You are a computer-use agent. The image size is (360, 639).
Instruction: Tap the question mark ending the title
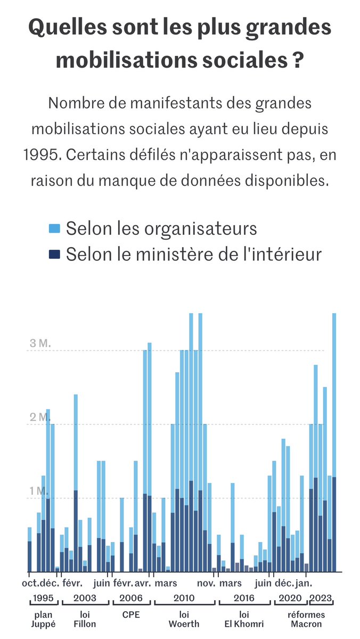(299, 59)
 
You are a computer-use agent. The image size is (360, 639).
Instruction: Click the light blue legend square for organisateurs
(54, 229)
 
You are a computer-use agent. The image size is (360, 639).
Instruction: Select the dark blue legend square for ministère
(54, 255)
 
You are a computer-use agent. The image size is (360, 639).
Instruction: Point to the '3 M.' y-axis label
(39, 343)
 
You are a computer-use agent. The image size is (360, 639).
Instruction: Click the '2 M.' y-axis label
(39, 417)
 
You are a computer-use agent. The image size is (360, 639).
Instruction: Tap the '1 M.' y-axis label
(39, 491)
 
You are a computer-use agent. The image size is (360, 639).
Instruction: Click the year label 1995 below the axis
(43, 597)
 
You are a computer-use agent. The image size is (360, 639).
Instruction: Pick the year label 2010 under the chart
(184, 597)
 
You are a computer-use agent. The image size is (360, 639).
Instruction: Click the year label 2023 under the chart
(322, 597)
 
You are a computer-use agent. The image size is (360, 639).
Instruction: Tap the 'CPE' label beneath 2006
(131, 615)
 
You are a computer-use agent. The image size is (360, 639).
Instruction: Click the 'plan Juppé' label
(43, 619)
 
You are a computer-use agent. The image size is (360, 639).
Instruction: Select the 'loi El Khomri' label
(244, 619)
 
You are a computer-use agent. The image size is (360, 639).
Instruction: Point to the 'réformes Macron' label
(306, 619)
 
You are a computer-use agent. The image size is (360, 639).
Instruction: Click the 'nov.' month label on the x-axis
(206, 583)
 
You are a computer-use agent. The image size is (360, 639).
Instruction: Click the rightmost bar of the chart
(334, 442)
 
